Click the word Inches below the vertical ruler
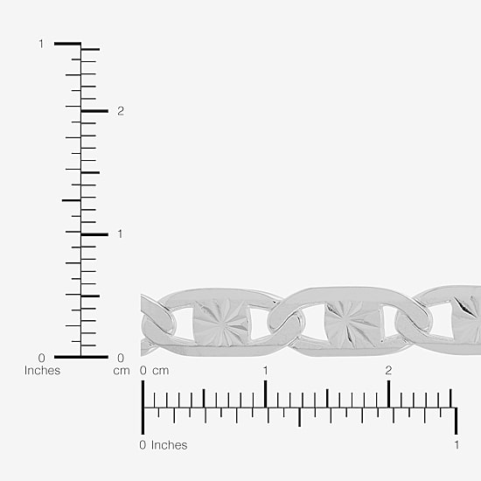point(42,370)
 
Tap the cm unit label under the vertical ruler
point(122,371)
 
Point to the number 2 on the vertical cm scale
point(121,111)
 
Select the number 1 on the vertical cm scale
point(120,234)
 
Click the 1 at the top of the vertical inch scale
point(41,44)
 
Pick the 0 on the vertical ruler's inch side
point(41,358)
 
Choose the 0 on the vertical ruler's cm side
point(121,358)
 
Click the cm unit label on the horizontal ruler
point(161,371)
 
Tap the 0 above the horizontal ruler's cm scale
point(143,371)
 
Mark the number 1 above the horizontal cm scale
point(265,371)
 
